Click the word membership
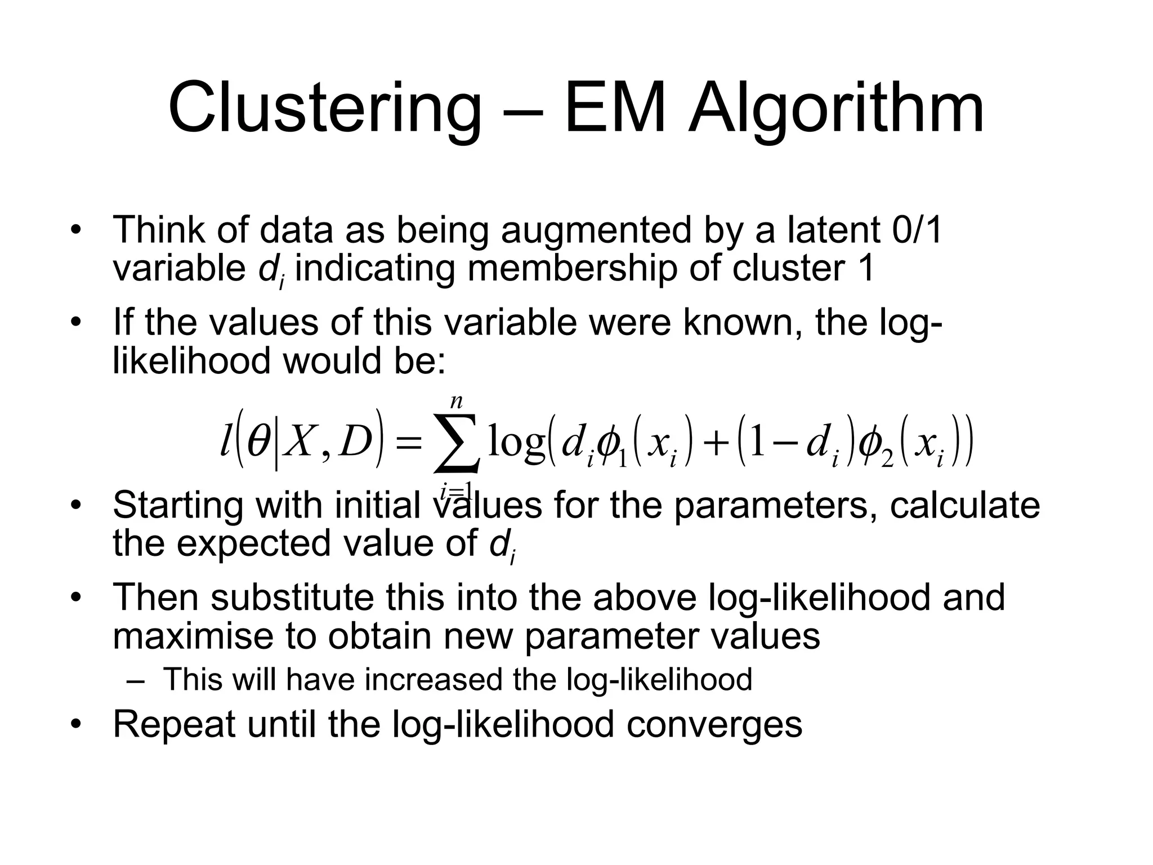[572, 269]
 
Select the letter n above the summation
[456, 402]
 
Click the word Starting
[178, 505]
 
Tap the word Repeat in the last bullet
[174, 724]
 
